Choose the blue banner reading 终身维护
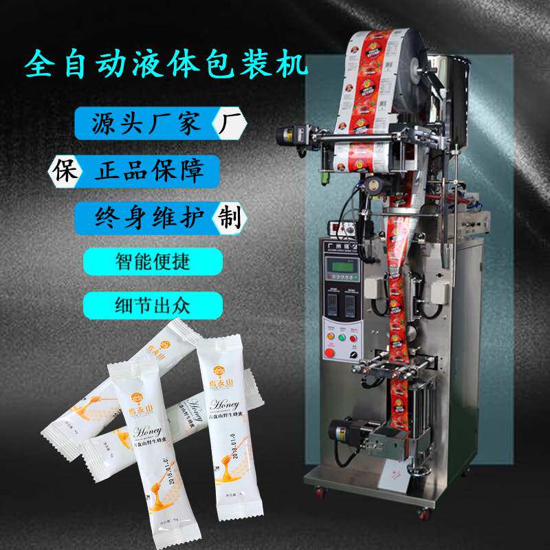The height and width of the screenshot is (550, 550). coord(148,217)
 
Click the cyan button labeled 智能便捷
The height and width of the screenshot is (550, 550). coord(153,262)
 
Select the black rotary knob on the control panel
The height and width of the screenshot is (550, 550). coord(353,355)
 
